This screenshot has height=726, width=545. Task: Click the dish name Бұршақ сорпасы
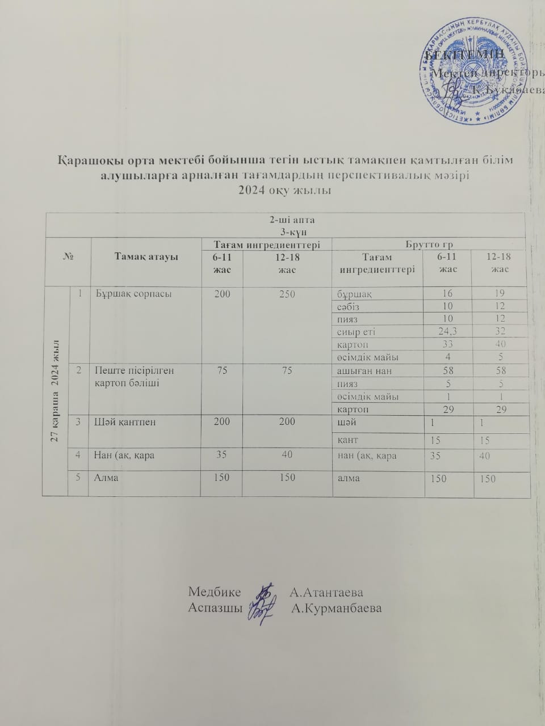click(132, 294)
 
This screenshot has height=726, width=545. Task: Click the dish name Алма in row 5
click(106, 478)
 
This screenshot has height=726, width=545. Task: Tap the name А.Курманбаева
click(336, 608)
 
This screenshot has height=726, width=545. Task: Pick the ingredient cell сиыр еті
click(356, 332)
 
